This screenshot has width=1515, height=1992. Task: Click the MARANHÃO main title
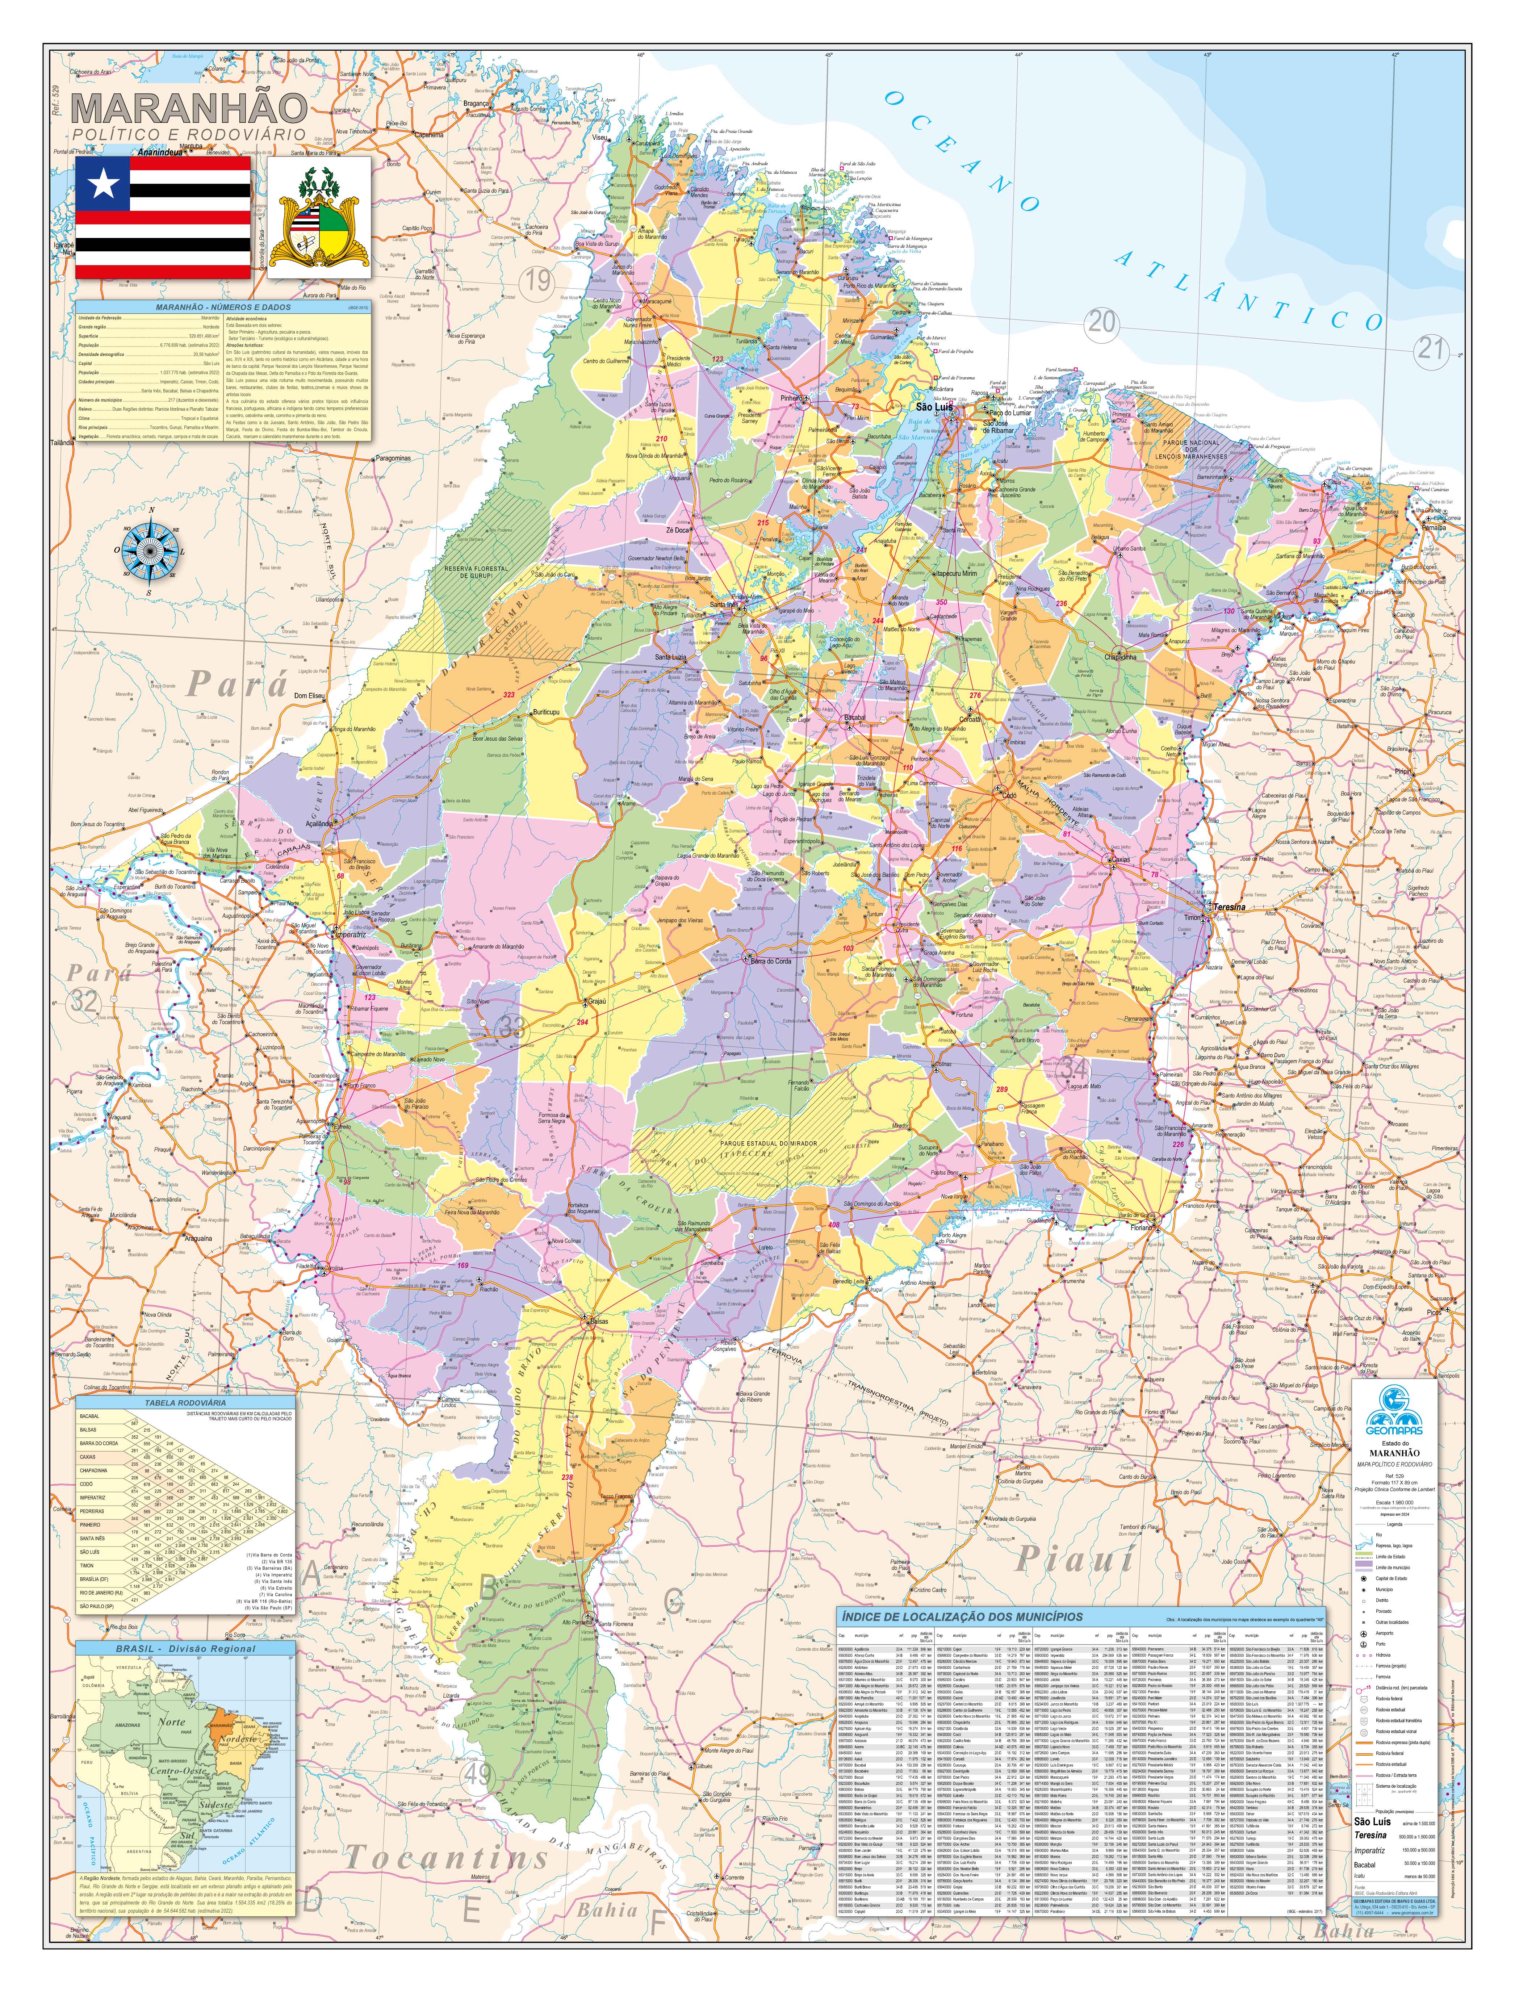[x=189, y=108]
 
